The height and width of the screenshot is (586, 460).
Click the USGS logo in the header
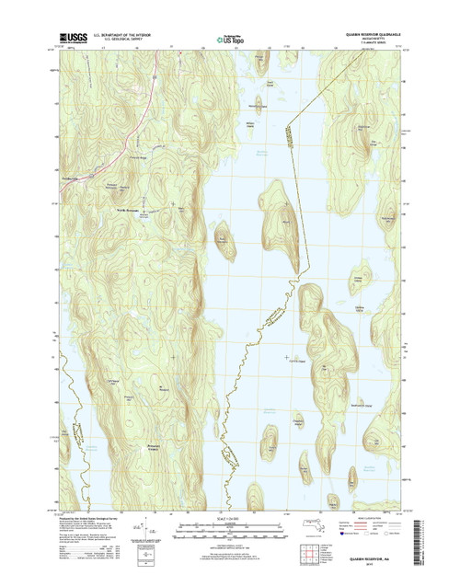click(66, 40)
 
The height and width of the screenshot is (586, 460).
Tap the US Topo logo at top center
click(229, 40)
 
